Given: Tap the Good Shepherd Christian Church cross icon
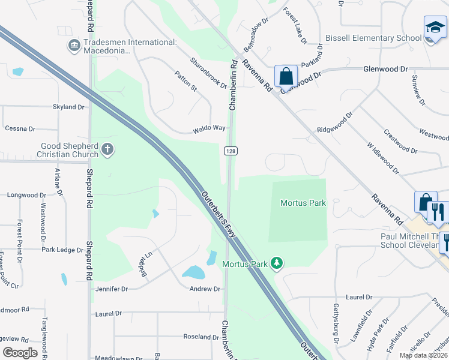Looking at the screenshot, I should pos(107,149).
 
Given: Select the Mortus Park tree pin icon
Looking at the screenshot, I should pos(276,263).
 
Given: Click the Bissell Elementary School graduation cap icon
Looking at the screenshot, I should pos(435,29).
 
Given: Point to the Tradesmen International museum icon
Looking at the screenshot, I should pos(74,46).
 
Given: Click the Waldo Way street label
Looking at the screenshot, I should pos(209,128).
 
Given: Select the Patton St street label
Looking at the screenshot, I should pos(185,80).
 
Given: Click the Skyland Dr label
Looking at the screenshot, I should pos(68,107).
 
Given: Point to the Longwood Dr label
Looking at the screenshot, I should pos(26,195).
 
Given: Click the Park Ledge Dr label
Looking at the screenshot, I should pos(62,250).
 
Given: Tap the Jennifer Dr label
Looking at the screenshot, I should pos(112,289).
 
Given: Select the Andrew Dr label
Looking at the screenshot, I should pos(205,289).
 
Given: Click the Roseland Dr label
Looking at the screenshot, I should pos(200,337).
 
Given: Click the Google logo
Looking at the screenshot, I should pos(20,353).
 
